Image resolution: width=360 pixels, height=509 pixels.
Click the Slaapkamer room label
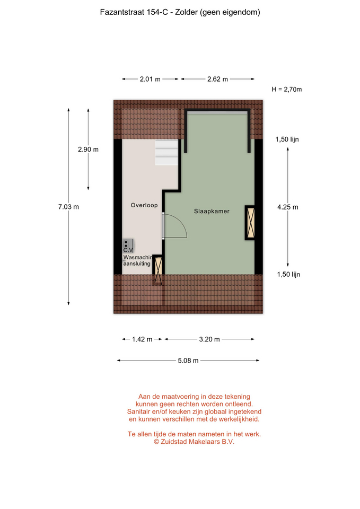(212, 212)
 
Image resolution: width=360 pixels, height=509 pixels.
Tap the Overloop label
(144, 205)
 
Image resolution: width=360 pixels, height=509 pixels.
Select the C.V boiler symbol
(128, 246)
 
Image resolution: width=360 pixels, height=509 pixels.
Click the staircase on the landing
(166, 153)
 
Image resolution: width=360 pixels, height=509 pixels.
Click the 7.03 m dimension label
(68, 207)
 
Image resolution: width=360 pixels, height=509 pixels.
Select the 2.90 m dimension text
(89, 150)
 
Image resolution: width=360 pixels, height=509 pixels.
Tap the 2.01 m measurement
(150, 79)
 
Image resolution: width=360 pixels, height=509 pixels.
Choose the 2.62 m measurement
(217, 79)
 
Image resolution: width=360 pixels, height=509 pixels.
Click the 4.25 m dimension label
(287, 207)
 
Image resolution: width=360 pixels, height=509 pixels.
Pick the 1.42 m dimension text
(142, 339)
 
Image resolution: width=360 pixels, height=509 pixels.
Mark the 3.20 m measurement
(209, 339)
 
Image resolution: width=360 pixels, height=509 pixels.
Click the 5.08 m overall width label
(188, 361)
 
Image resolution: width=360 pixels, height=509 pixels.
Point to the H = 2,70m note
(287, 89)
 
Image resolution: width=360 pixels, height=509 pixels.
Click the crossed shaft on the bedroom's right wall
(250, 223)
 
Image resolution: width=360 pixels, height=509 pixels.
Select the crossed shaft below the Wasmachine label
(158, 270)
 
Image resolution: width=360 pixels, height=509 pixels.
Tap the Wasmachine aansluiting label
(138, 260)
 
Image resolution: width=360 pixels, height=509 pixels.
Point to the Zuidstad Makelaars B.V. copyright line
(194, 442)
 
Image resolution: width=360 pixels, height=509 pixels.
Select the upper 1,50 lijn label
(287, 139)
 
